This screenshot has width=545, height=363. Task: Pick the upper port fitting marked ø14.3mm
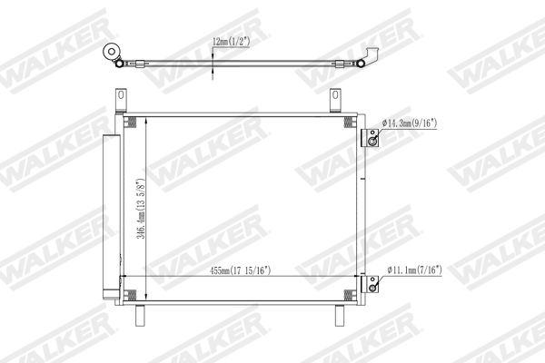point(370,137)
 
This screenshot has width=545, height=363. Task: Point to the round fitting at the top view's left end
point(114,53)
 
